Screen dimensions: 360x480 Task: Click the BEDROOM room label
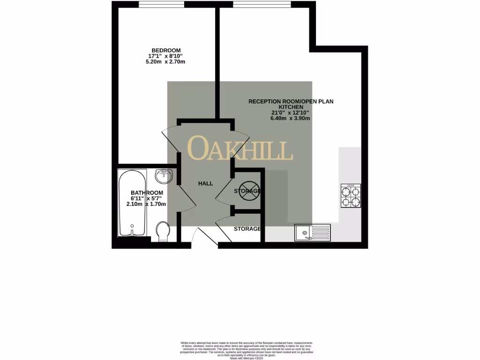tap(165, 50)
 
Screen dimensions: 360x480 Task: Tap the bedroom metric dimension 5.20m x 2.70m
tap(165, 62)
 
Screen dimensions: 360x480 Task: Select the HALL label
tap(205, 183)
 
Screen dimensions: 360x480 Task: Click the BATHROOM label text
tap(147, 193)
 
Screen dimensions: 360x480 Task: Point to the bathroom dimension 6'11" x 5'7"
tap(147, 198)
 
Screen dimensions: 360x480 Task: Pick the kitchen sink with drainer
tap(313, 232)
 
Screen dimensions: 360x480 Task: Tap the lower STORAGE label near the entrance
tap(247, 229)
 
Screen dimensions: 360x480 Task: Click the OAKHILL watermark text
tap(240, 148)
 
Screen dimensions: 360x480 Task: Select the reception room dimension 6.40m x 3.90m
tap(290, 118)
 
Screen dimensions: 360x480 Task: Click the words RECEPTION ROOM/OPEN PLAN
tap(291, 101)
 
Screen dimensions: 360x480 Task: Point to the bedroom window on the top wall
tap(161, 5)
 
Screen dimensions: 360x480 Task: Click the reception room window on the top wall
tap(256, 5)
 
